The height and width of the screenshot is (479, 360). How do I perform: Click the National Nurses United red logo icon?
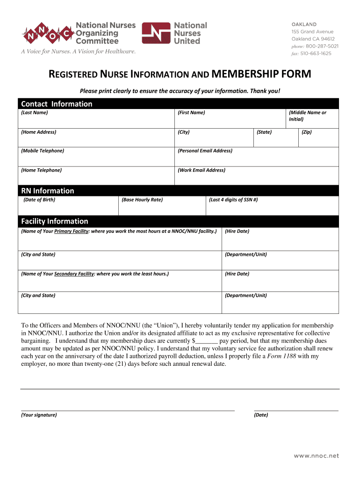click(x=156, y=33)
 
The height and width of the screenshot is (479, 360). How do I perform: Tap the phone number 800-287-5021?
click(x=322, y=46)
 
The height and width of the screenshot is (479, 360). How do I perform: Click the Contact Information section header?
click(x=57, y=104)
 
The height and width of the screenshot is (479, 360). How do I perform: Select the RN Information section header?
click(x=47, y=191)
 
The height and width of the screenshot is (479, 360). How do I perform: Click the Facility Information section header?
click(x=54, y=221)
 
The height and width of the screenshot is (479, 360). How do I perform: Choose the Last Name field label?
click(x=35, y=113)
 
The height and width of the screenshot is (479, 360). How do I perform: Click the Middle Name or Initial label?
click(x=308, y=116)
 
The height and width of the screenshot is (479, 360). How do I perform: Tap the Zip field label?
click(x=307, y=132)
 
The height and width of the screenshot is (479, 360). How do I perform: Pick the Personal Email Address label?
click(x=205, y=151)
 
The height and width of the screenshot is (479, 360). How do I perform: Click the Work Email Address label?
click(x=202, y=170)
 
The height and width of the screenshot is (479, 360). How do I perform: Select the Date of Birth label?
click(x=39, y=200)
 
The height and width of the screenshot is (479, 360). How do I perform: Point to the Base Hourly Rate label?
click(x=142, y=200)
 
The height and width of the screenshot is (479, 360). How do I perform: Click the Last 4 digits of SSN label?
click(x=233, y=200)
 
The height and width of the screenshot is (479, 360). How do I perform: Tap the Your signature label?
click(x=39, y=415)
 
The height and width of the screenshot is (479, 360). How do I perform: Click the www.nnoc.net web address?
click(x=316, y=456)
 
